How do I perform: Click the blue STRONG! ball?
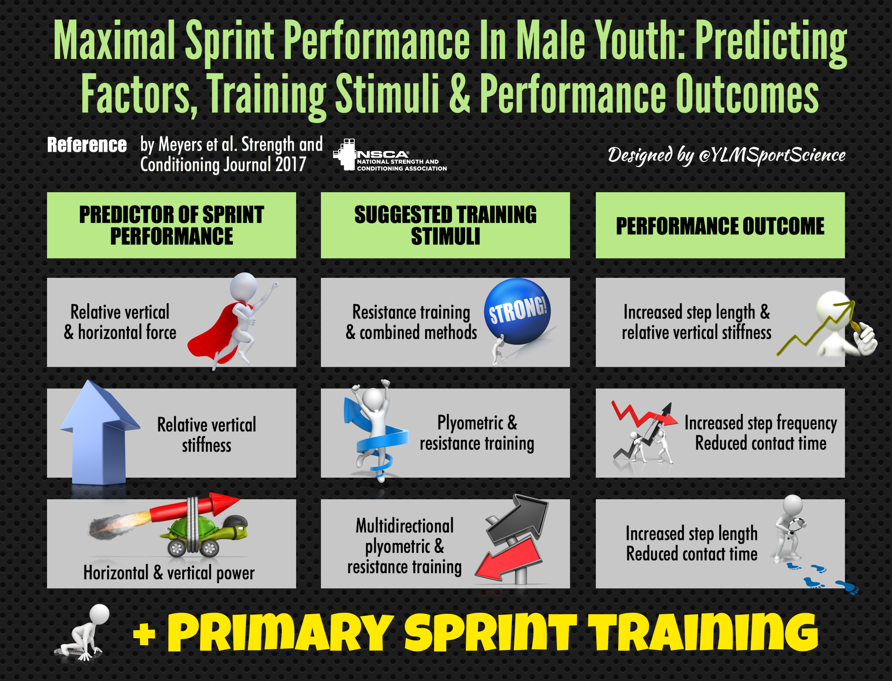[x=517, y=311]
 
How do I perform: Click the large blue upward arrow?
[x=99, y=434]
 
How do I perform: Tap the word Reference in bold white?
[x=87, y=145]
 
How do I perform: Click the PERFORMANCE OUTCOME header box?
[x=720, y=225]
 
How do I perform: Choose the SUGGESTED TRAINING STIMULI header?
[x=445, y=225]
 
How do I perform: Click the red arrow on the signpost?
[x=509, y=557]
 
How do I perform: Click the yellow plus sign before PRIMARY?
[x=144, y=634]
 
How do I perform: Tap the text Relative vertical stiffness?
[x=207, y=435]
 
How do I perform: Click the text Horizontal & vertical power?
[x=169, y=573]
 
